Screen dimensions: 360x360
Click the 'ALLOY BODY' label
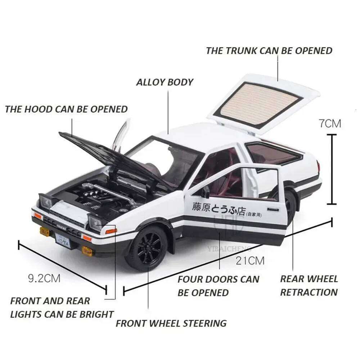pyautogui.click(x=165, y=82)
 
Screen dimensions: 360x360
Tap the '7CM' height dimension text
pyautogui.click(x=330, y=123)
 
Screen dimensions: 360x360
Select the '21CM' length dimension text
pyautogui.click(x=250, y=260)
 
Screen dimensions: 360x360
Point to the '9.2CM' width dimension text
pyautogui.click(x=44, y=278)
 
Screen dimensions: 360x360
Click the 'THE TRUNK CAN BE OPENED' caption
pyautogui.click(x=269, y=51)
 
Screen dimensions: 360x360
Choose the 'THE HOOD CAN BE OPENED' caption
pyautogui.click(x=66, y=109)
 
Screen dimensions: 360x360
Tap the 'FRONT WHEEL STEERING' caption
pyautogui.click(x=171, y=323)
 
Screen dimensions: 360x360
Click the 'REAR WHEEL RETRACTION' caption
pyautogui.click(x=309, y=285)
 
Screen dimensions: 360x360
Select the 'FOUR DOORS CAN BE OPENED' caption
pyautogui.click(x=218, y=285)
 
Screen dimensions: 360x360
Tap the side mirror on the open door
pyautogui.click(x=206, y=193)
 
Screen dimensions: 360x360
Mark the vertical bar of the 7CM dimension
pyautogui.click(x=332, y=169)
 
